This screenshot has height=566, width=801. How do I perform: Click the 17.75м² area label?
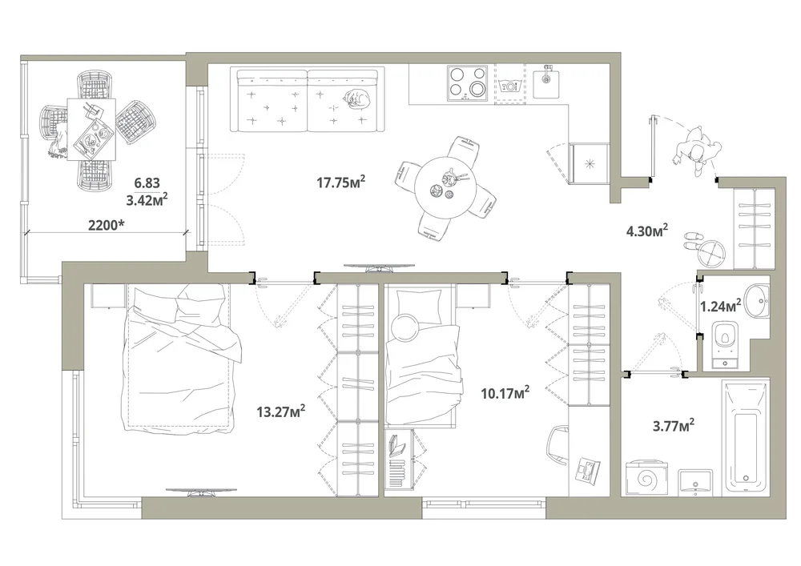tap(340, 182)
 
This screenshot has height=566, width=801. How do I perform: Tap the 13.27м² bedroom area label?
tap(281, 411)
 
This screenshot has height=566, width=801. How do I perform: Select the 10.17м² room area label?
tap(505, 393)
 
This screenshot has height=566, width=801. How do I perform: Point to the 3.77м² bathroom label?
tap(674, 425)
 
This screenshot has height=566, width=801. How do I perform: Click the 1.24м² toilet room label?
tap(720, 306)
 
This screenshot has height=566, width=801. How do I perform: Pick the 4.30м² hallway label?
tap(647, 231)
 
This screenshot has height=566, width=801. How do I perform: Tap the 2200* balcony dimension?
tap(107, 225)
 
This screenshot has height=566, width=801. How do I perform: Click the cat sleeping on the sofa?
tap(356, 98)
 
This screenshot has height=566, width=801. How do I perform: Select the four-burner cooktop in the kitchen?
tap(467, 82)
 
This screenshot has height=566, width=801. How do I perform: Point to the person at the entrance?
tap(698, 151)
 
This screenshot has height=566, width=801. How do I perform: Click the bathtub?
tap(745, 437)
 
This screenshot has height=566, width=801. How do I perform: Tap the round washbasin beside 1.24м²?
tap(757, 301)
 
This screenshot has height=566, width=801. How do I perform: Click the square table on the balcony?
tap(91, 129)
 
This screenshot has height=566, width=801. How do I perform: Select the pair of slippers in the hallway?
tap(692, 240)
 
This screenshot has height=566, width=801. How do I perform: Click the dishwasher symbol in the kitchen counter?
tap(509, 84)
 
